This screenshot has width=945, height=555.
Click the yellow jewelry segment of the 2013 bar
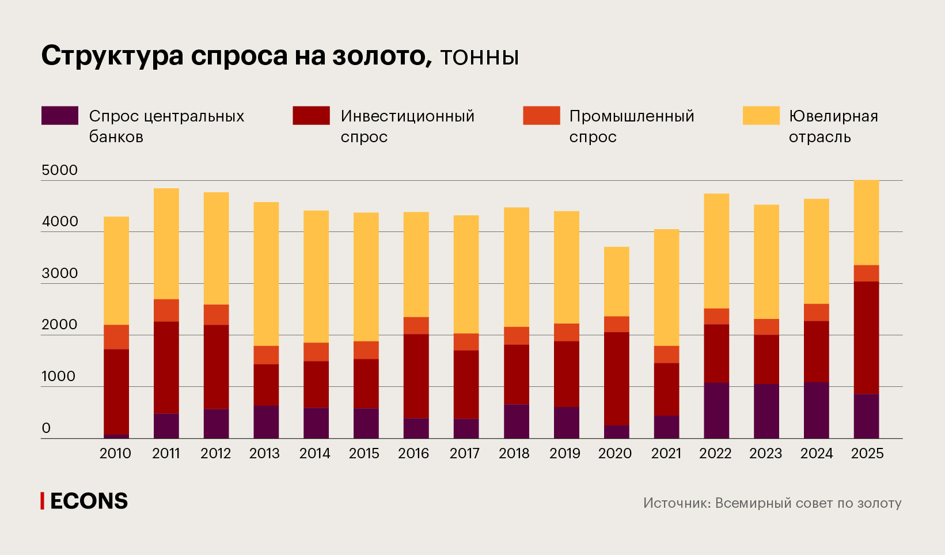[266, 273]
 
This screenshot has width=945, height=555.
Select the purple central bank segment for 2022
[716, 410]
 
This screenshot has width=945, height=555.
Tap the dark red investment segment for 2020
[616, 378]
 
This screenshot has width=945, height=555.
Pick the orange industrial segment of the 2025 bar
[866, 273]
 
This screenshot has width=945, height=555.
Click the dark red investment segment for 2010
[116, 391]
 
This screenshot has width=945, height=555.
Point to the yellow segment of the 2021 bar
[666, 287]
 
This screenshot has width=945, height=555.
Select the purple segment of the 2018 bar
[517, 421]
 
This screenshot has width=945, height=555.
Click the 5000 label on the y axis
[59, 170]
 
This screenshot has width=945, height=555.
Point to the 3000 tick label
[59, 273]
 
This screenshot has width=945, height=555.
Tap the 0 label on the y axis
[46, 428]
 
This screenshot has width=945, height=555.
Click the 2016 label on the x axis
[413, 454]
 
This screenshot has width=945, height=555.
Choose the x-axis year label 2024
[816, 454]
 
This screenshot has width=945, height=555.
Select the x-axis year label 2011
[166, 454]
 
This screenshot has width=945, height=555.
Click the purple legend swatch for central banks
[60, 116]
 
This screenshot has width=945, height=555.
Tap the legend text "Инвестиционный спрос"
[407, 126]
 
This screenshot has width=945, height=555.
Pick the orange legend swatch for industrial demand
[541, 116]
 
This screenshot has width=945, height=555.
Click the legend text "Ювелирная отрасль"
[833, 126]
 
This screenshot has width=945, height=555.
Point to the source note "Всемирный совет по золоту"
[808, 503]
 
